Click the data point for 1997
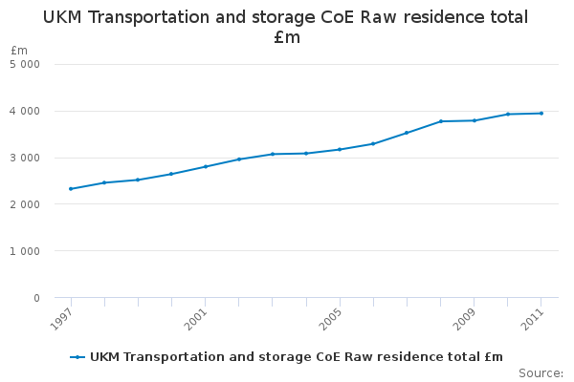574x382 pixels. [71, 189]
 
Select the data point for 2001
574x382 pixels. [206, 166]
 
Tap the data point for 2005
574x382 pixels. [340, 149]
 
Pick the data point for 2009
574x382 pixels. [475, 120]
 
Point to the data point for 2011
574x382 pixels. [541, 114]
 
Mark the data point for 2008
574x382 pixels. [441, 121]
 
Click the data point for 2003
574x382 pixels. [273, 154]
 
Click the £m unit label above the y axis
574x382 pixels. [19, 50]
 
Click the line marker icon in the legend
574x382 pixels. [77, 357]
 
